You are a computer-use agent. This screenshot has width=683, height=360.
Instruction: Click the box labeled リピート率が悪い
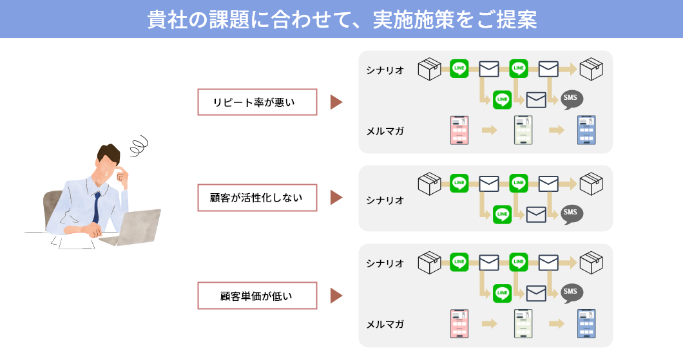tap(257, 102)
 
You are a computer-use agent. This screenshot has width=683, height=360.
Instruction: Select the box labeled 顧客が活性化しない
tap(257, 198)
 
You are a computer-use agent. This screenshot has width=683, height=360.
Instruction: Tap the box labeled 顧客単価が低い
tap(257, 296)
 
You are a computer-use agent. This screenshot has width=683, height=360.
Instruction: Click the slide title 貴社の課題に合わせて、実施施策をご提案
tap(341, 19)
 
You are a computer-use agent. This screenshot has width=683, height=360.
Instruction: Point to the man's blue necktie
tap(97, 206)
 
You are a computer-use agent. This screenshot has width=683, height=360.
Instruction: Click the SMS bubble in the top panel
tap(572, 99)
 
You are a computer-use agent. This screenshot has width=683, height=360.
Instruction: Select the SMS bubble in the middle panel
tap(572, 213)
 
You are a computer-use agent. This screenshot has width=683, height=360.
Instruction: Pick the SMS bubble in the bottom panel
tap(572, 292)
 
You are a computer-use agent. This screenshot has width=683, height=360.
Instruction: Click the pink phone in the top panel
tap(459, 130)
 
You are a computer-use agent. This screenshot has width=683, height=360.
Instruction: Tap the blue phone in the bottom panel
tap(586, 324)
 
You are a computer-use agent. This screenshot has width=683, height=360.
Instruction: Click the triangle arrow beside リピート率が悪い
tap(336, 102)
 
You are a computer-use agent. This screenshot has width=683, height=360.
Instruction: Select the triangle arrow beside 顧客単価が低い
tap(336, 296)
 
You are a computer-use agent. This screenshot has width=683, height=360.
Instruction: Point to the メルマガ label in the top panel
tap(385, 131)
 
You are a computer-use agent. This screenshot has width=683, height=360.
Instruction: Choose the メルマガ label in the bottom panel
tap(385, 324)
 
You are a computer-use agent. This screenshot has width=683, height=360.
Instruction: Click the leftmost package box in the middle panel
tap(429, 184)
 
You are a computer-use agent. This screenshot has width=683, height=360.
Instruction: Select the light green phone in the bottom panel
tap(523, 324)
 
